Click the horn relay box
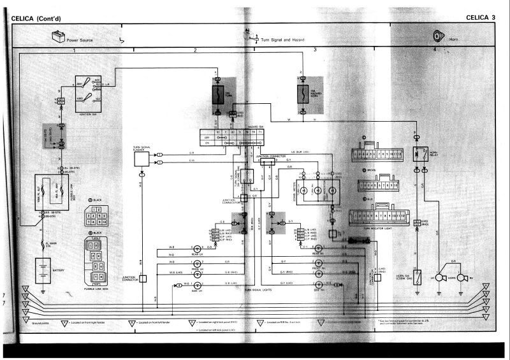[420, 154]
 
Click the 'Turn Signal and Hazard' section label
[282, 40]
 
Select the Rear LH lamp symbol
[198, 248]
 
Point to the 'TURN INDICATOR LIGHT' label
[377, 229]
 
